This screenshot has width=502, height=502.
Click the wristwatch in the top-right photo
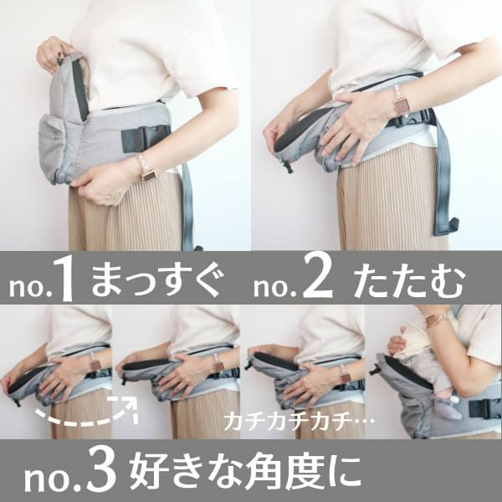pyautogui.click(x=401, y=103)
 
